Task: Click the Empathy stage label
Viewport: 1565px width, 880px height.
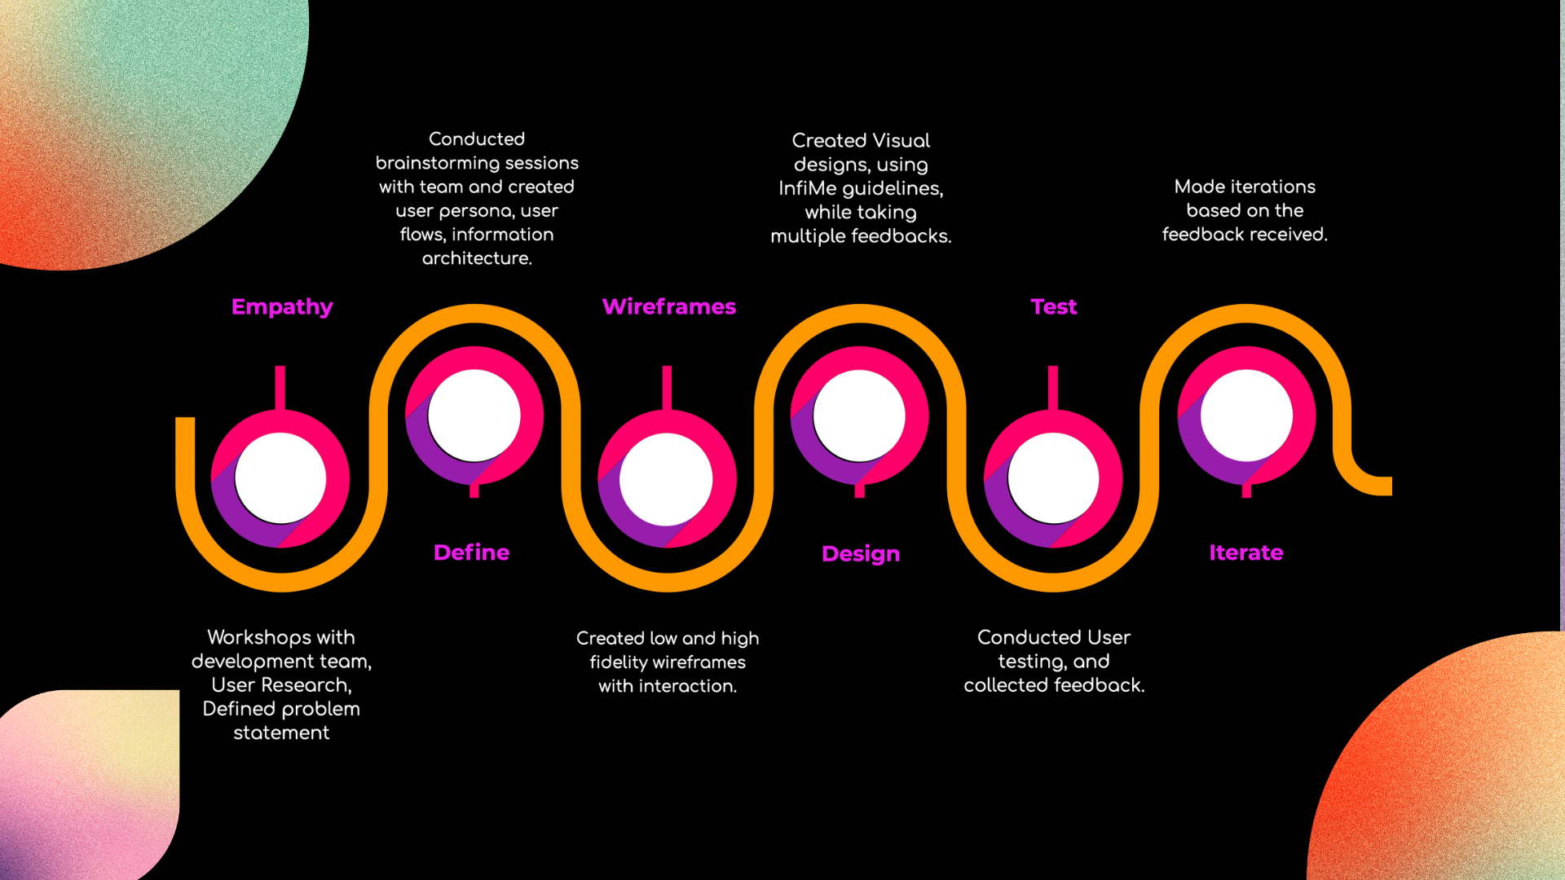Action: coord(282,307)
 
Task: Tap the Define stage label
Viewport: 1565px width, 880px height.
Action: coord(471,552)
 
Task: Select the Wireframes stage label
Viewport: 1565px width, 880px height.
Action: coord(668,307)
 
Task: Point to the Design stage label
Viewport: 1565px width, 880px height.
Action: coord(861,554)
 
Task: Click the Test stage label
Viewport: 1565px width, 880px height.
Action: coord(1053,307)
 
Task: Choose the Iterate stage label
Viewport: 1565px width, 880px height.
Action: coord(1245,552)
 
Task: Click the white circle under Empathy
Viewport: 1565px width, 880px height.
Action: coord(280,478)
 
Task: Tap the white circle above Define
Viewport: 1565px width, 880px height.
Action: coord(474,416)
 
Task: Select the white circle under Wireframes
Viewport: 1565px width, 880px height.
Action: coord(666,478)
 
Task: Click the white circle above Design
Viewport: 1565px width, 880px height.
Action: coord(859,416)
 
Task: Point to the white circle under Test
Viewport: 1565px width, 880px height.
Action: coord(1053,478)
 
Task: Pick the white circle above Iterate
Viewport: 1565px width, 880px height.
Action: coord(1246,416)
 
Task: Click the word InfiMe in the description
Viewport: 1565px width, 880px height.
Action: coord(807,189)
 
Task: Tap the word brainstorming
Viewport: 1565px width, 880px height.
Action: coord(439,163)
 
